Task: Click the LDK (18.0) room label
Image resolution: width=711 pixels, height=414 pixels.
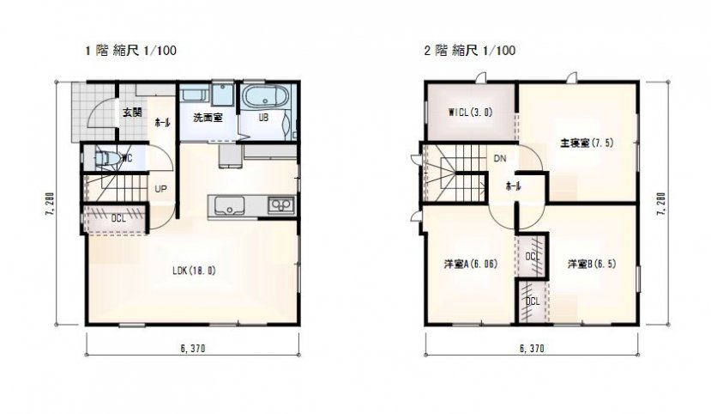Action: (x=194, y=271)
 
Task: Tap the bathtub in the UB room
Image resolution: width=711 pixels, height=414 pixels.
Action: (x=264, y=96)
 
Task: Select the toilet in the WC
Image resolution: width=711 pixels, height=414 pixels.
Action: (x=106, y=158)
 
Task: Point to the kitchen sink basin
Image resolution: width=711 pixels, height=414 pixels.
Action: (x=230, y=205)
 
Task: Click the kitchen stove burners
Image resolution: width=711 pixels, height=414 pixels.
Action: (x=281, y=205)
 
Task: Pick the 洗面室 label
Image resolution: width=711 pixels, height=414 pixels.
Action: (x=208, y=118)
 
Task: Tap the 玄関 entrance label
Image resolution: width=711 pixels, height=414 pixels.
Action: (x=132, y=113)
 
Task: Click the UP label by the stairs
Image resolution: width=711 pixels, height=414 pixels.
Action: (x=160, y=189)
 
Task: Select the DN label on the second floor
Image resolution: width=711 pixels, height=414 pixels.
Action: (x=500, y=159)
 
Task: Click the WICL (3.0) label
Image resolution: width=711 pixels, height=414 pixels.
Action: (x=470, y=113)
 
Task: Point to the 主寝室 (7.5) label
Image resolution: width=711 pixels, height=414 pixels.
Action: (x=587, y=143)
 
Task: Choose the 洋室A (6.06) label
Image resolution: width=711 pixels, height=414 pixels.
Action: (x=471, y=264)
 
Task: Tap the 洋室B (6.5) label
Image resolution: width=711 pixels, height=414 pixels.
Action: (x=592, y=264)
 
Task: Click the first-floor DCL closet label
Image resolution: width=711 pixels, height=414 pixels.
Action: (x=118, y=218)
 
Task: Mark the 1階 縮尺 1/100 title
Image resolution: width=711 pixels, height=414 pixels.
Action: (x=130, y=50)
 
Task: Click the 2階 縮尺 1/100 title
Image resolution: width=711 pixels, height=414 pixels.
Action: (x=469, y=50)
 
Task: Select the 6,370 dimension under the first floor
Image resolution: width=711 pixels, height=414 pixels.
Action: (x=193, y=349)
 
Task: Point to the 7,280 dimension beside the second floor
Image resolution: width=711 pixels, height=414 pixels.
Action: (x=661, y=204)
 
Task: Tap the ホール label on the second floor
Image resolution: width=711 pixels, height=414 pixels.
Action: (x=513, y=186)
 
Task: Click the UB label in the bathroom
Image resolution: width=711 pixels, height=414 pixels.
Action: (x=263, y=118)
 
